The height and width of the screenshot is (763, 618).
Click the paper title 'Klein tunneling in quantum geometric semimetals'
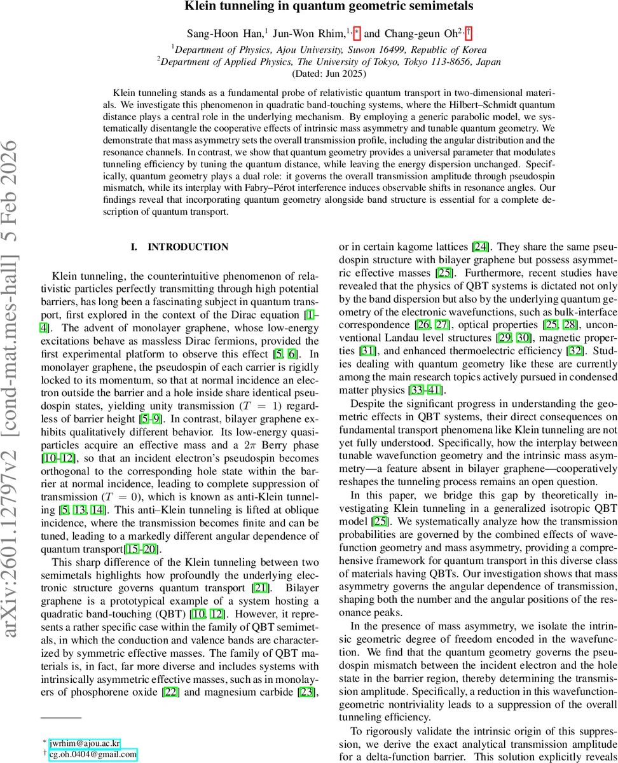click(328, 7)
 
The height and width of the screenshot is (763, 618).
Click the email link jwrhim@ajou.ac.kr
click(85, 742)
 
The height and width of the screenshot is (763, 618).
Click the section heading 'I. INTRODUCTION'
click(179, 247)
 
